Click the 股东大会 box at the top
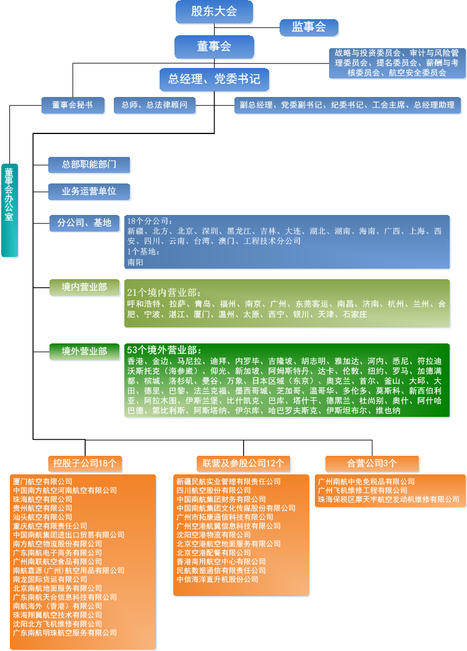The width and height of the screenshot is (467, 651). (214, 11)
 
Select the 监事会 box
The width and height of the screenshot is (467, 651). (309, 27)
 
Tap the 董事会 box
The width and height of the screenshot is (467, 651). (214, 46)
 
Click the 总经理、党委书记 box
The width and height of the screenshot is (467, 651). (214, 79)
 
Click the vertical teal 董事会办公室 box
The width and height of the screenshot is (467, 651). (9, 210)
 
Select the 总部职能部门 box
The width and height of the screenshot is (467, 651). (89, 164)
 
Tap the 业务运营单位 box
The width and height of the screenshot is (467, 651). (89, 191)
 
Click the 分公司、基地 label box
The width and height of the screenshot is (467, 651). (84, 223)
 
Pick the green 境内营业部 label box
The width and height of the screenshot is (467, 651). (84, 287)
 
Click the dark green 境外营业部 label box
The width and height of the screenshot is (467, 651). (84, 351)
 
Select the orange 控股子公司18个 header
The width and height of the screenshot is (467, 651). (85, 463)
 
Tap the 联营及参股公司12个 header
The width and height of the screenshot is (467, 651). (243, 463)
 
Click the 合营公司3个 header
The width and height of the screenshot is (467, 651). (372, 463)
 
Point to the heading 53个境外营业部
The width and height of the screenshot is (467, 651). (164, 350)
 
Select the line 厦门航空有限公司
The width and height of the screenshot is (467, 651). (43, 481)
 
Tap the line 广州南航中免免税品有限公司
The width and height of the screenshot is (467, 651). (366, 482)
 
